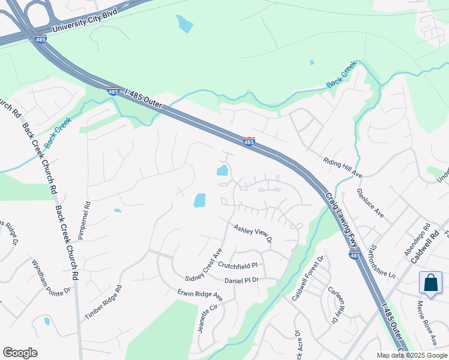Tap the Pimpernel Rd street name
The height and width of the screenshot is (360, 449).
point(88,212)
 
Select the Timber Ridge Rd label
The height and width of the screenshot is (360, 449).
point(103,301)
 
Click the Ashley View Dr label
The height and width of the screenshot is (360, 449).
point(253,234)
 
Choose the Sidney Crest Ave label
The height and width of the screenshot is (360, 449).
point(204,264)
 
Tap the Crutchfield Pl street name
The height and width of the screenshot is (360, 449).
point(238,265)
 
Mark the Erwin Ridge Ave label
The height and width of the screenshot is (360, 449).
point(200,296)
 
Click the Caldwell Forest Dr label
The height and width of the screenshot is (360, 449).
point(307,271)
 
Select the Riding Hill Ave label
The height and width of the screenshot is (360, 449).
point(343,167)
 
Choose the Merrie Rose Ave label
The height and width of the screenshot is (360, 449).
point(427,322)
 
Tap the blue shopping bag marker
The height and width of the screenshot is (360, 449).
point(432,283)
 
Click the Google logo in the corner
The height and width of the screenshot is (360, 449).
point(20,353)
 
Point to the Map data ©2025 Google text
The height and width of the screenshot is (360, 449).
point(412,355)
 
